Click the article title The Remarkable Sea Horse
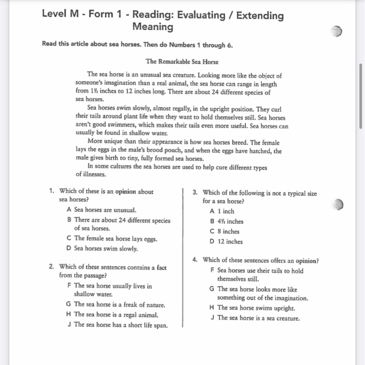click(x=182, y=62)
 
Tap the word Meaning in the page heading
click(x=153, y=27)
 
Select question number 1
click(x=52, y=191)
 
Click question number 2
click(x=52, y=267)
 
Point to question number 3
click(x=195, y=193)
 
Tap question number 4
click(x=195, y=260)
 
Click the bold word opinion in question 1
click(x=125, y=192)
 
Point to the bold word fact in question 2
click(x=162, y=268)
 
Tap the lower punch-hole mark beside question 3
click(x=337, y=205)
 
